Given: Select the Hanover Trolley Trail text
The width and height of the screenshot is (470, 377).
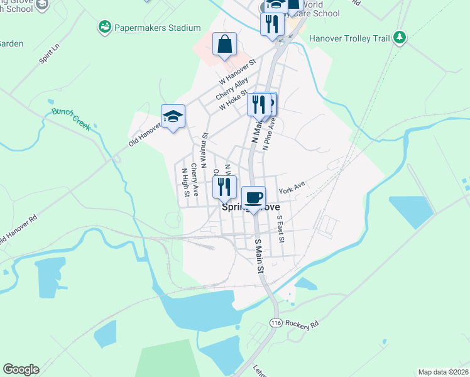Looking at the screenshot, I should (350, 38).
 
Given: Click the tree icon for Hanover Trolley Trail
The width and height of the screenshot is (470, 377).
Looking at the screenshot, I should (399, 37).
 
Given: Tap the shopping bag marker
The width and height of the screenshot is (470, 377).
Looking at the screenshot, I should (224, 45).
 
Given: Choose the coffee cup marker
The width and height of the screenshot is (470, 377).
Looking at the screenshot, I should (253, 199).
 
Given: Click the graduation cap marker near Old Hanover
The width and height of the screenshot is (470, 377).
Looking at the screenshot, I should (173, 117).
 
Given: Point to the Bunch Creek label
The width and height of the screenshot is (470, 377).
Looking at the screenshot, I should (71, 119).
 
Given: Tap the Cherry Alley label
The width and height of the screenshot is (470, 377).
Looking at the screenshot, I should (232, 89).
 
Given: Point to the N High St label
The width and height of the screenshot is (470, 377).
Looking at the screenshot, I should (185, 183).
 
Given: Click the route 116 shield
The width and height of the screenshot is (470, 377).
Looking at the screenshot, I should (275, 322).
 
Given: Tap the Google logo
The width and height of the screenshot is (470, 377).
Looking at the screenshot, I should (21, 369).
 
